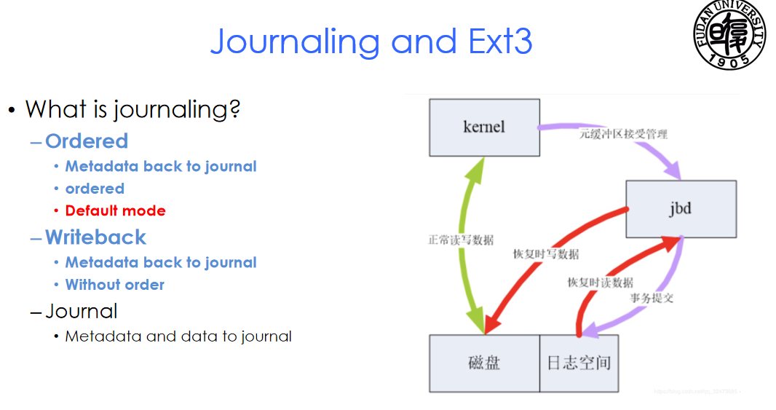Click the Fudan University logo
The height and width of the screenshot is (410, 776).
[x=729, y=35]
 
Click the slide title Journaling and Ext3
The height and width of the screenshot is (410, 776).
[x=371, y=42]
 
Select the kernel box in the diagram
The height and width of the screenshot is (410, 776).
[x=484, y=127]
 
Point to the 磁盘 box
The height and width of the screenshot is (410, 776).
[x=484, y=363]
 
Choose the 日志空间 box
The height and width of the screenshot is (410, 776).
[x=579, y=363]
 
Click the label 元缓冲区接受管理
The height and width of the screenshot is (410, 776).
[x=623, y=135]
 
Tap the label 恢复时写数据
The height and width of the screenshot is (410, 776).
[x=546, y=254]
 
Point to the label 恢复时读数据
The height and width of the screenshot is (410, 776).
[x=601, y=282]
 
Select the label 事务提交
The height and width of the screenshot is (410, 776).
[x=652, y=298]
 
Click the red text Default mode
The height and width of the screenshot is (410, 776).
[x=116, y=210]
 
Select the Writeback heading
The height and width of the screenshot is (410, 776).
[x=95, y=237]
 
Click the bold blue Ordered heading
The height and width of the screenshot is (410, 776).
[x=87, y=141]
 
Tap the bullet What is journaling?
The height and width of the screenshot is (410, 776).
[x=132, y=109]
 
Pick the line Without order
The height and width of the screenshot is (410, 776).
[x=115, y=285]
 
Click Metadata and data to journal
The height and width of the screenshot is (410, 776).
[x=178, y=336]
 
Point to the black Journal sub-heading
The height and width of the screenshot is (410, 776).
[x=81, y=312]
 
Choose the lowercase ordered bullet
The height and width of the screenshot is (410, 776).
[x=95, y=189]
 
